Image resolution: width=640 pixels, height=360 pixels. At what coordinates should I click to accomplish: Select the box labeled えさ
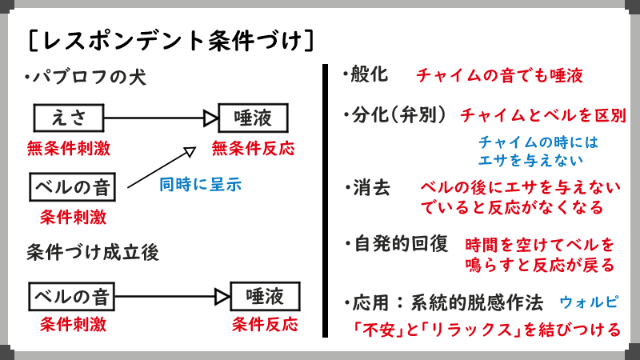[69, 119]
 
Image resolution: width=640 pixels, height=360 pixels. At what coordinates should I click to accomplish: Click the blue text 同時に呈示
[200, 185]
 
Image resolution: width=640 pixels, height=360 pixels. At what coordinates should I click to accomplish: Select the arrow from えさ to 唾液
[160, 119]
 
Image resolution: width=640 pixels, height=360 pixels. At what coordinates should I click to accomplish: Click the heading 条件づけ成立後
[92, 252]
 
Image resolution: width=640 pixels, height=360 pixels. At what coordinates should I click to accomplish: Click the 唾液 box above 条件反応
[264, 297]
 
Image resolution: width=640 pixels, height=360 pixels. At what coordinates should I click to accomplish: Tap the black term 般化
[369, 75]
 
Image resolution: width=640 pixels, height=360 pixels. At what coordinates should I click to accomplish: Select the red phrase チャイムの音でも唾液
[499, 76]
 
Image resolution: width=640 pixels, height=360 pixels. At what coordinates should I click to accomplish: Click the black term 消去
[371, 189]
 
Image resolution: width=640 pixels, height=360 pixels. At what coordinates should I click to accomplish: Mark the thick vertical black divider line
[326, 200]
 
